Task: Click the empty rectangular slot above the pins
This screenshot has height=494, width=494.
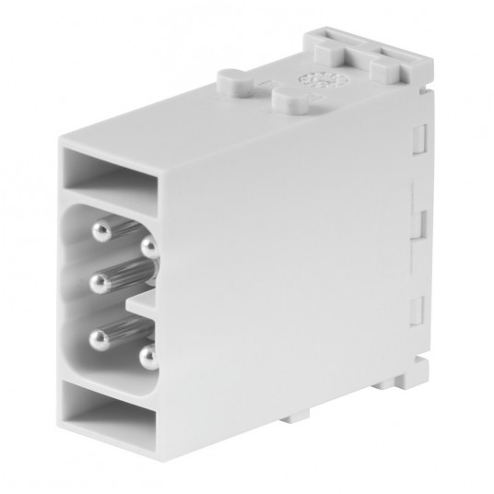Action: pyautogui.click(x=111, y=173)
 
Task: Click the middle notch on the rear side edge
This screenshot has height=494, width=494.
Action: pyautogui.click(x=416, y=222)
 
